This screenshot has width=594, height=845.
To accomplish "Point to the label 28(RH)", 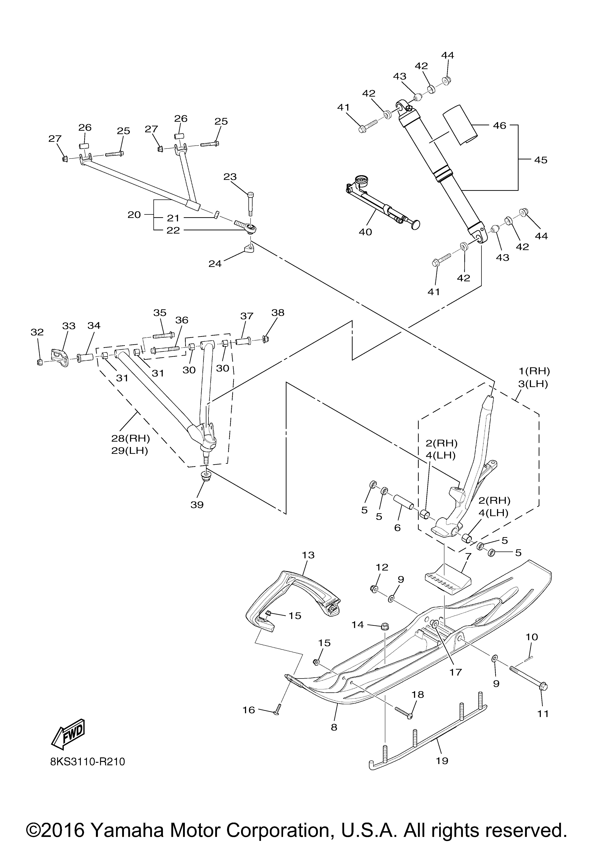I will (131, 438).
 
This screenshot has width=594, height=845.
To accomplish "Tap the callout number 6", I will (397, 527).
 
